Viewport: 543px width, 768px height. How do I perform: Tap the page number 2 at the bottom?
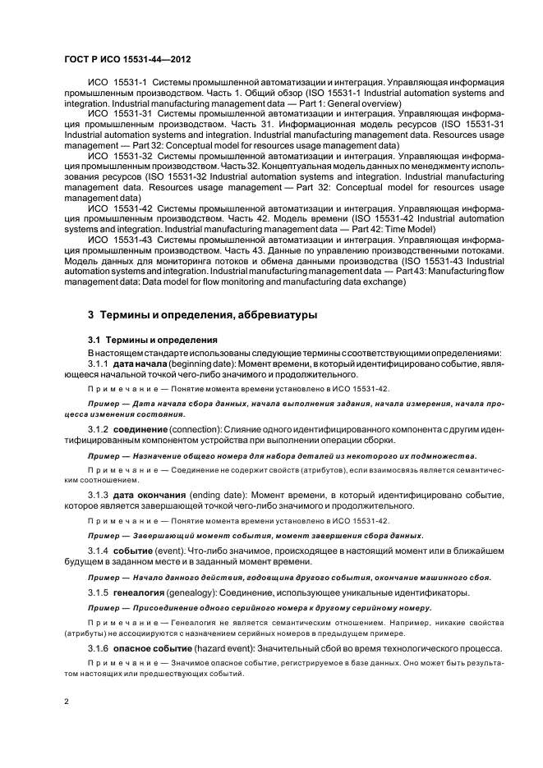coord(68,702)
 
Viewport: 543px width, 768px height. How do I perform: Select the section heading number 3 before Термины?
coord(91,316)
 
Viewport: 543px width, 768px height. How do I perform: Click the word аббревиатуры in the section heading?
coord(265,316)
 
